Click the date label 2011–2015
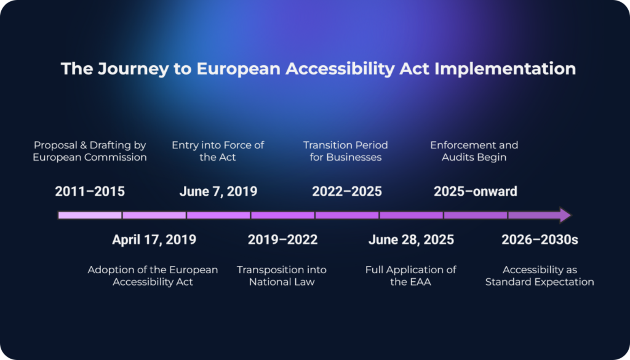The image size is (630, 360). pos(90,191)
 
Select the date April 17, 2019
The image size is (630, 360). pos(154,240)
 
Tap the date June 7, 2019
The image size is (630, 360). pos(218,191)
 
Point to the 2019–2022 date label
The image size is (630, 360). pos(282,240)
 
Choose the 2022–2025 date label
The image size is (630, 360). pos(347,191)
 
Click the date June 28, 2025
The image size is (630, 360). pos(411,240)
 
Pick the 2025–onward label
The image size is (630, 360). pos(476,191)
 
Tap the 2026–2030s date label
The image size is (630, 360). pos(540,240)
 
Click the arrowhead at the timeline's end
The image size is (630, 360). pos(565,215)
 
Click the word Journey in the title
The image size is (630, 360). pos(134,69)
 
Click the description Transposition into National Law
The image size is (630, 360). pos(282,276)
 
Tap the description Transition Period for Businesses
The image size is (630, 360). pos(346,151)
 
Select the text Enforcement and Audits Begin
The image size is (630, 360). pos(474,151)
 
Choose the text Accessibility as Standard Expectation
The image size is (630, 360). pos(540,276)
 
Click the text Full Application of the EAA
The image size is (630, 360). pos(410,276)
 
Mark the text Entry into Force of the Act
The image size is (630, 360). pos(218,151)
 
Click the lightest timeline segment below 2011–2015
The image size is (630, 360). pos(90,215)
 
